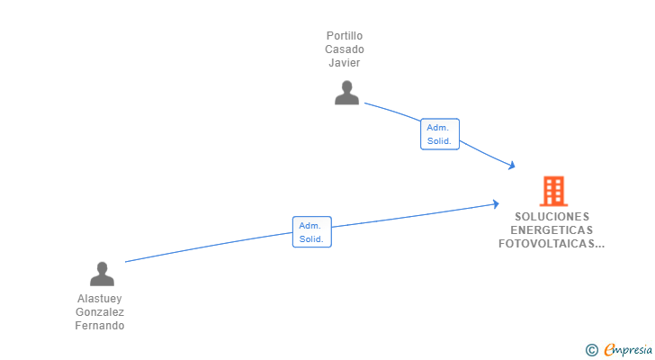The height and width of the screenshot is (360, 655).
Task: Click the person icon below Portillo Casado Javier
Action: tap(346, 93)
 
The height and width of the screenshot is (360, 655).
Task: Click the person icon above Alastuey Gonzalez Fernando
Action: tap(102, 274)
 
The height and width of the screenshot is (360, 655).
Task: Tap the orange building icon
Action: tap(553, 192)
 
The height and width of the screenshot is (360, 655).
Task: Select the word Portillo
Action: tap(345, 36)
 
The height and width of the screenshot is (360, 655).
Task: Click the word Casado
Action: tap(345, 49)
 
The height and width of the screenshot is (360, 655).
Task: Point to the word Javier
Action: tap(345, 63)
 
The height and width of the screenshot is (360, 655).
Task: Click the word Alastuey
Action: tap(99, 299)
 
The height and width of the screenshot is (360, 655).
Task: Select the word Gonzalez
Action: tap(100, 312)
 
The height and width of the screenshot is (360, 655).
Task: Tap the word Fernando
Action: tap(100, 325)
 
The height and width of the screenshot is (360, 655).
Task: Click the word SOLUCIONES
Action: tap(552, 216)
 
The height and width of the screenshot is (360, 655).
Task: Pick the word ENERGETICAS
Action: tap(552, 230)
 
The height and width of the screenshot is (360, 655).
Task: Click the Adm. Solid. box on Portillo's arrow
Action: tap(440, 134)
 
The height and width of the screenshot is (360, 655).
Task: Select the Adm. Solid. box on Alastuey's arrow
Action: tap(312, 232)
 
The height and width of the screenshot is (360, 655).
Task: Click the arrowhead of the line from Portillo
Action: tap(512, 166)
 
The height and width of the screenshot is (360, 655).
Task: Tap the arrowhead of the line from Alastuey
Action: tap(496, 203)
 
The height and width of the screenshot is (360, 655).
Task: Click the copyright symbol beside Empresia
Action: tap(592, 350)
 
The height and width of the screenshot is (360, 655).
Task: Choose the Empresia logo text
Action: tap(628, 349)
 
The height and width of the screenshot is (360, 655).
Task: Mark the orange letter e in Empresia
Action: tap(609, 349)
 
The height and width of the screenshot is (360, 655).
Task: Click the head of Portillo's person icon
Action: tap(346, 86)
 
